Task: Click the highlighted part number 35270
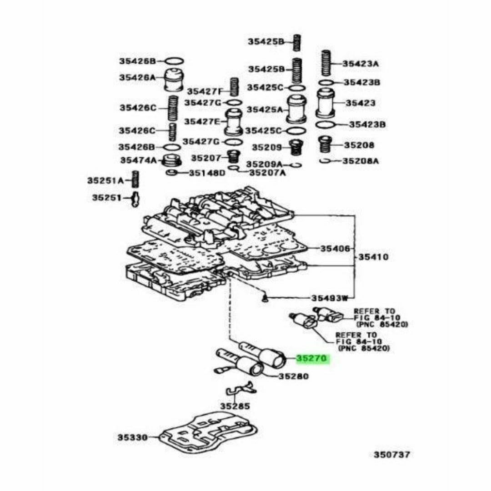point(311,358)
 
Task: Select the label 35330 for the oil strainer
point(132,437)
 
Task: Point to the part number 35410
point(373,257)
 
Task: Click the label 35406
point(334,249)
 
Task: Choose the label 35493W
point(329,298)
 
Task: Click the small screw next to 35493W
point(265,298)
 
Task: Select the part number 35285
point(235,406)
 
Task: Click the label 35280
point(293,376)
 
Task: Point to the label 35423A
point(360,64)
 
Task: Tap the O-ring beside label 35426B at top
point(174,61)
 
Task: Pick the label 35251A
point(105,180)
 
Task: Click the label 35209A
point(264,164)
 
